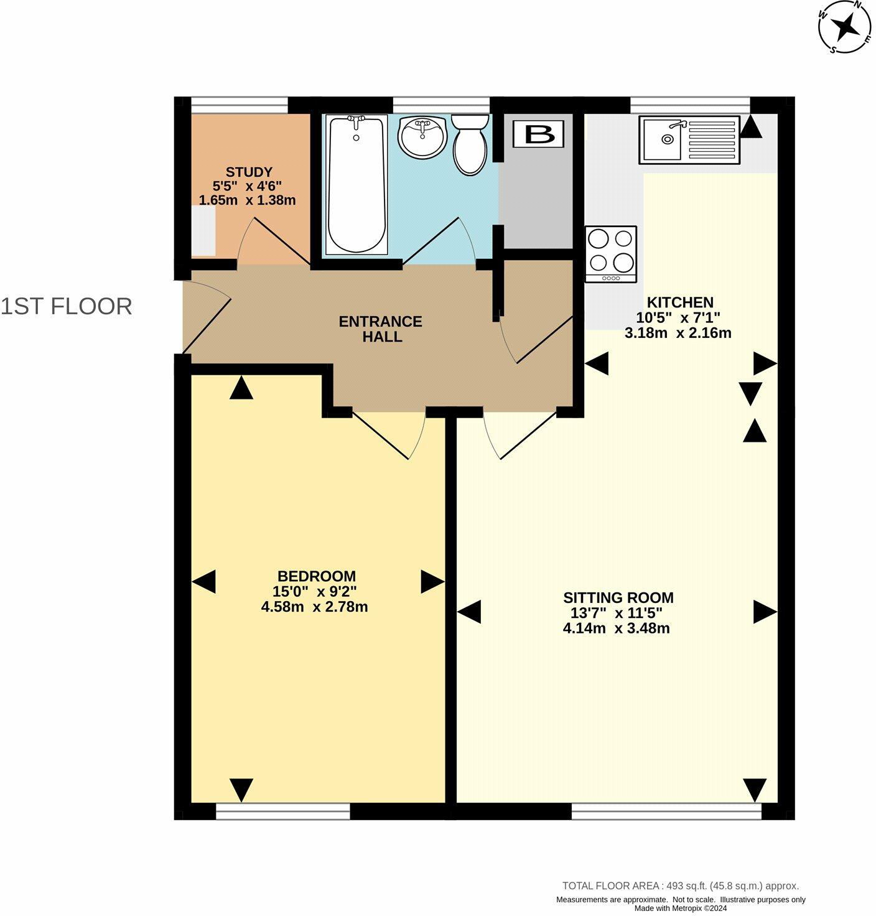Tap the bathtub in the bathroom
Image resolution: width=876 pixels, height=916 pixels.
pos(356,184)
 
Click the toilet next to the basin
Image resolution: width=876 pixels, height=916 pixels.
pos(470,144)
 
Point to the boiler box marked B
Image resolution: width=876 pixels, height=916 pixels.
pos(539,134)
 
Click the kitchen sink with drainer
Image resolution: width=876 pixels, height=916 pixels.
pos(689,140)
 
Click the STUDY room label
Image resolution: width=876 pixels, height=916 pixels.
pos(249,172)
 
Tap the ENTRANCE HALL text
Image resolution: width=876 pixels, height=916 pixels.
pos(380,329)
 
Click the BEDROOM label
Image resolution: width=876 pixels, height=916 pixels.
pos(316,576)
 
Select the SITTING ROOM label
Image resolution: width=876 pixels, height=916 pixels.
pos(618,598)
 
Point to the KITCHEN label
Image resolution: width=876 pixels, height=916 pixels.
pos(680,303)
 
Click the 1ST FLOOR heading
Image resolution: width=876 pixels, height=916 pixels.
pos(67,307)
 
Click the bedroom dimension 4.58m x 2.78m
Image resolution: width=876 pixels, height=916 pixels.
pos(314,607)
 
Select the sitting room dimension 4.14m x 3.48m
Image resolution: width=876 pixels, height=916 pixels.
pos(616,629)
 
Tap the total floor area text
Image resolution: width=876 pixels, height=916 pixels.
pos(680,886)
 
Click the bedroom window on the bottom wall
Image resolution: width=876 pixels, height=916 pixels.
pos(282,811)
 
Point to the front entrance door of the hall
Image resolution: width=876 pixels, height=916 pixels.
pos(207,317)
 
